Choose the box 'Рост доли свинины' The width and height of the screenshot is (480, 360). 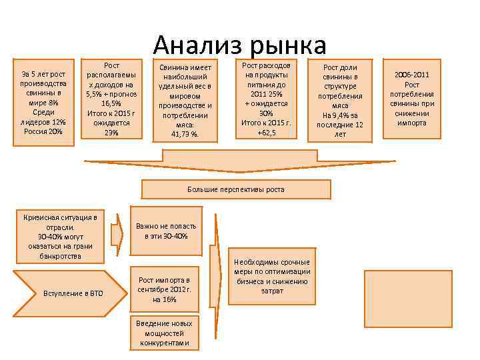pyautogui.click(x=340, y=101)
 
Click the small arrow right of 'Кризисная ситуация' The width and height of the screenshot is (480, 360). pyautogui.click(x=117, y=233)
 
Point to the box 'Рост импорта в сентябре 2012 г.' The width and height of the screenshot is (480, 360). pyautogui.click(x=164, y=289)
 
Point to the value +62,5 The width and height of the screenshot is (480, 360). pyautogui.click(x=267, y=133)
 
